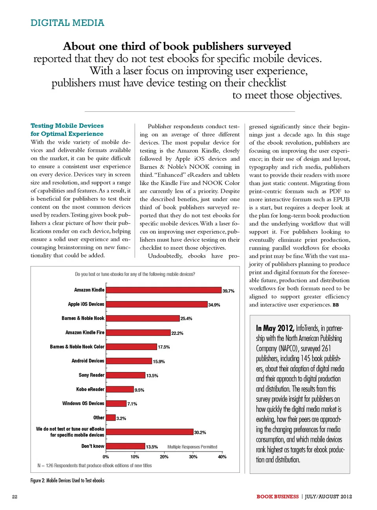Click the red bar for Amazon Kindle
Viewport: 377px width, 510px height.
(164, 290)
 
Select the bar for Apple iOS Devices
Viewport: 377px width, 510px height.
(157, 304)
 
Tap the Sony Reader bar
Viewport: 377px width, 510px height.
(126, 375)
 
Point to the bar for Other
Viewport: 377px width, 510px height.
(111, 418)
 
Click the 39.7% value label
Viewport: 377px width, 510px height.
(228, 291)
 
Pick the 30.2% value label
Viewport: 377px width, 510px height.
(200, 432)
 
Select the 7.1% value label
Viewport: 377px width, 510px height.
(132, 404)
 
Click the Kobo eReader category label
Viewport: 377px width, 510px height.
(90, 389)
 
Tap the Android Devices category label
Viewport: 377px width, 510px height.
(88, 361)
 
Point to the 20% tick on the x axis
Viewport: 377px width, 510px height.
(164, 457)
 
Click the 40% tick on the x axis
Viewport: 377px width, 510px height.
(222, 457)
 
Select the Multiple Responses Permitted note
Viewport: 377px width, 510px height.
(192, 447)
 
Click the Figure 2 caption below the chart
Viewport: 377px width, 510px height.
(68, 480)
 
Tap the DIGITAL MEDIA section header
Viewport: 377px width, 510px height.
(68, 23)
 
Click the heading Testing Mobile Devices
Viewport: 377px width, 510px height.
(67, 125)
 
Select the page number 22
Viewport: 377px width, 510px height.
(15, 497)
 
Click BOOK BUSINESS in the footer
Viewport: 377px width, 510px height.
(278, 497)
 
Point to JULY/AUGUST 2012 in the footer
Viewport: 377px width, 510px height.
(328, 497)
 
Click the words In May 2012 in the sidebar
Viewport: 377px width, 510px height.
(275, 328)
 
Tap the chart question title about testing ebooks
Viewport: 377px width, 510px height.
(135, 274)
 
